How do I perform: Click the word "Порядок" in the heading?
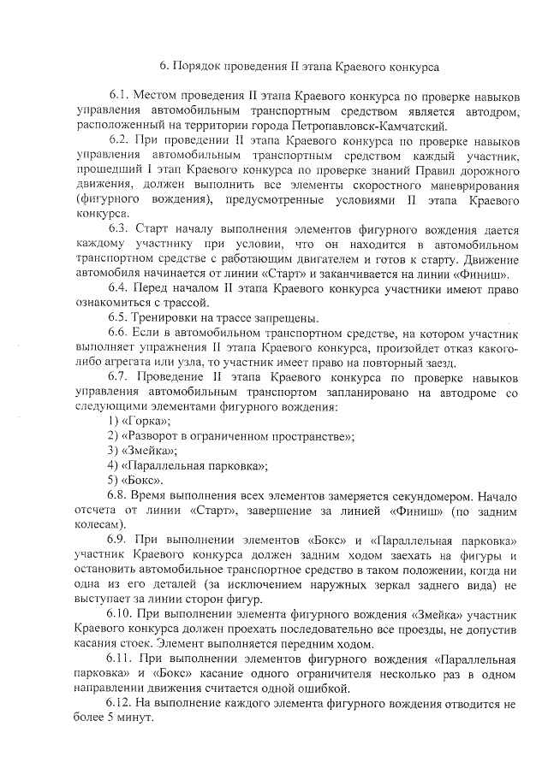198,66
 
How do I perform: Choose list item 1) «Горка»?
140,422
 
